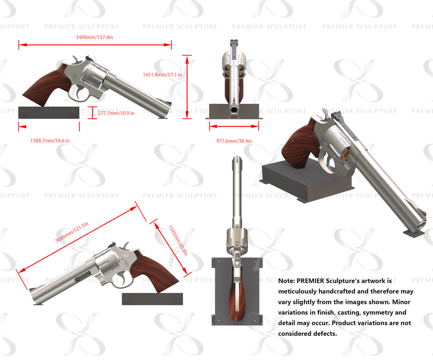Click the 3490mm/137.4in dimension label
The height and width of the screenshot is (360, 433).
(95, 37)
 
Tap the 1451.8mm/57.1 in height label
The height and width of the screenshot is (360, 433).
(162, 74)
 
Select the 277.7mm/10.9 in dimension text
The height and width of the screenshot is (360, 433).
(116, 113)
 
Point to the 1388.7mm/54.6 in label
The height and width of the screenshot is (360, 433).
(50, 141)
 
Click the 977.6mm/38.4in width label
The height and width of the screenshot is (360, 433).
(234, 141)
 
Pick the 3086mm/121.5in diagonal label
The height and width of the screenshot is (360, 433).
(72, 232)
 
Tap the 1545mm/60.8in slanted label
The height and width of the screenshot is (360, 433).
(178, 240)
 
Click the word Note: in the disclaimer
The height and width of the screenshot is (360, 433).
(287, 281)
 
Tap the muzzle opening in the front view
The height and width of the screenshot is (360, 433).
(234, 110)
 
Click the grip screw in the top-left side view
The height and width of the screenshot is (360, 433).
(43, 84)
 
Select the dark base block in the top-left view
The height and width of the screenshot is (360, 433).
(49, 113)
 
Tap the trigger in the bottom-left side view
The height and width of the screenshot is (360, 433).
(122, 278)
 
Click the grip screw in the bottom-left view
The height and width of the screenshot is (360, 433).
(158, 270)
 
